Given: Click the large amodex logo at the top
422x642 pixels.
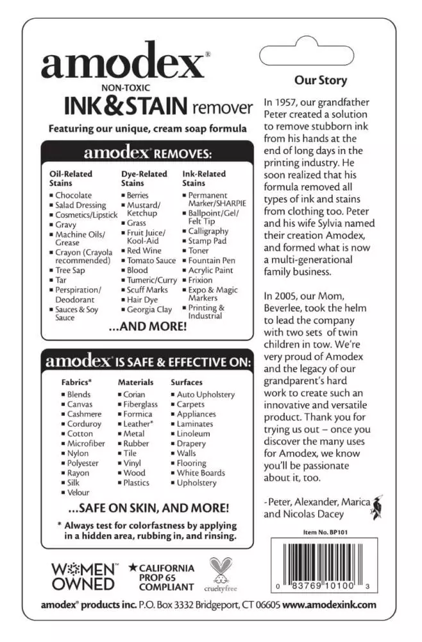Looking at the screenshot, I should tap(122, 64).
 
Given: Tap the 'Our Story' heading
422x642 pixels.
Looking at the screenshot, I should tap(320, 80).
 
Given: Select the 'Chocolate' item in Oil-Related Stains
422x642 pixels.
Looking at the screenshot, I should tap(73, 195).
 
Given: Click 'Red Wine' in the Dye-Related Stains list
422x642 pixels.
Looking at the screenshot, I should tap(144, 250).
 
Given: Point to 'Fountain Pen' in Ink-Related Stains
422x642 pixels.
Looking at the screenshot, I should tap(212, 261).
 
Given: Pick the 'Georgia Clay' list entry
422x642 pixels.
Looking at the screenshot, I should tap(149, 309).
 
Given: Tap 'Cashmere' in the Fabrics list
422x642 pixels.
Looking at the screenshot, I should tap(84, 414).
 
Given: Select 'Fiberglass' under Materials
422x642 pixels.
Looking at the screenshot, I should tap(140, 404).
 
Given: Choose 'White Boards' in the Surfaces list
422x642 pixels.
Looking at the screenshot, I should tap(201, 473).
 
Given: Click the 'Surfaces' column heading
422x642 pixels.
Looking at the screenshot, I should tap(187, 382).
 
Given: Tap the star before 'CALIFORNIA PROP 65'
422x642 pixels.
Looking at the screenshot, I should tap(132, 568).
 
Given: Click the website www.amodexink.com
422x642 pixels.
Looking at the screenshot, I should tap(329, 605).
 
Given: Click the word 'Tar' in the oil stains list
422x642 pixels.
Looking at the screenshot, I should tap(62, 280).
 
